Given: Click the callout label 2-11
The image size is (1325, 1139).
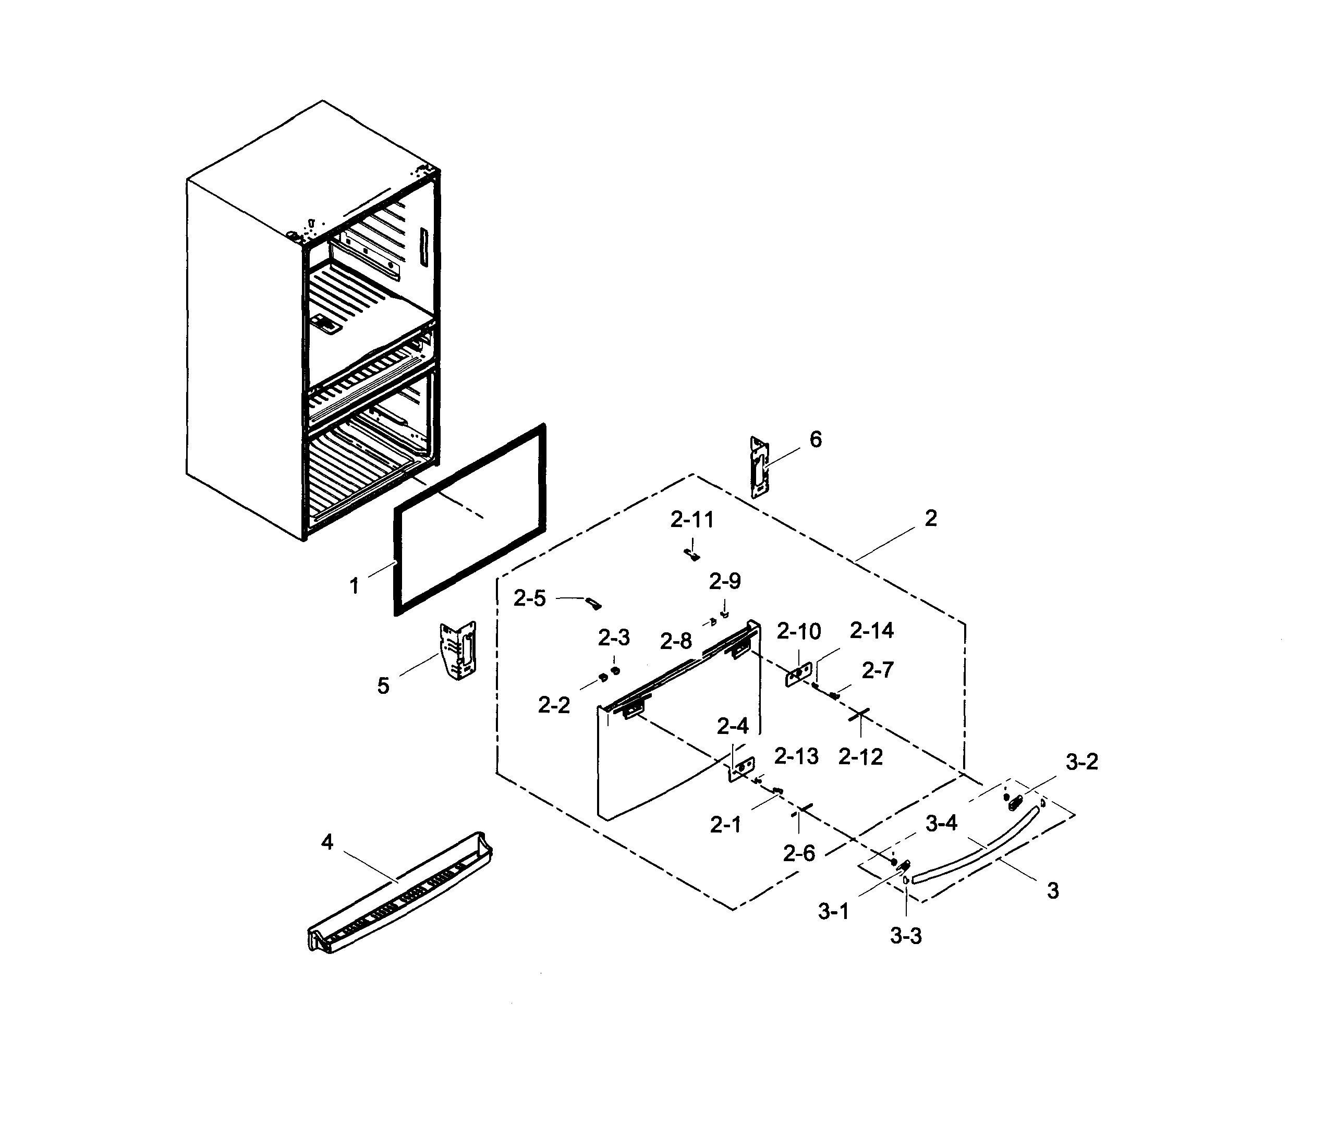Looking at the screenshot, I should [692, 520].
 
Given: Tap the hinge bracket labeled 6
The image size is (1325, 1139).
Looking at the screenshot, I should [758, 467].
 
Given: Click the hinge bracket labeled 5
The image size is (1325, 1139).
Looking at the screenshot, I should [458, 650].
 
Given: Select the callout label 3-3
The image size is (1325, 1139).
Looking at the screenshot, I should [906, 936].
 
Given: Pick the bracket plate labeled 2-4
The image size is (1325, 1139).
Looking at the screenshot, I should [742, 768].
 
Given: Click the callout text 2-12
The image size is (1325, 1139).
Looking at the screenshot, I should [860, 757].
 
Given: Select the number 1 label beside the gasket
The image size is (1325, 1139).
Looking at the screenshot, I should [354, 585].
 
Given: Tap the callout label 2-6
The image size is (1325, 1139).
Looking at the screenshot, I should [799, 853].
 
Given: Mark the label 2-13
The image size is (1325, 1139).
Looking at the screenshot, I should [796, 756].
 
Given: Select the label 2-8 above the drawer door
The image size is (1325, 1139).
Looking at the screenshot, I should [676, 641].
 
